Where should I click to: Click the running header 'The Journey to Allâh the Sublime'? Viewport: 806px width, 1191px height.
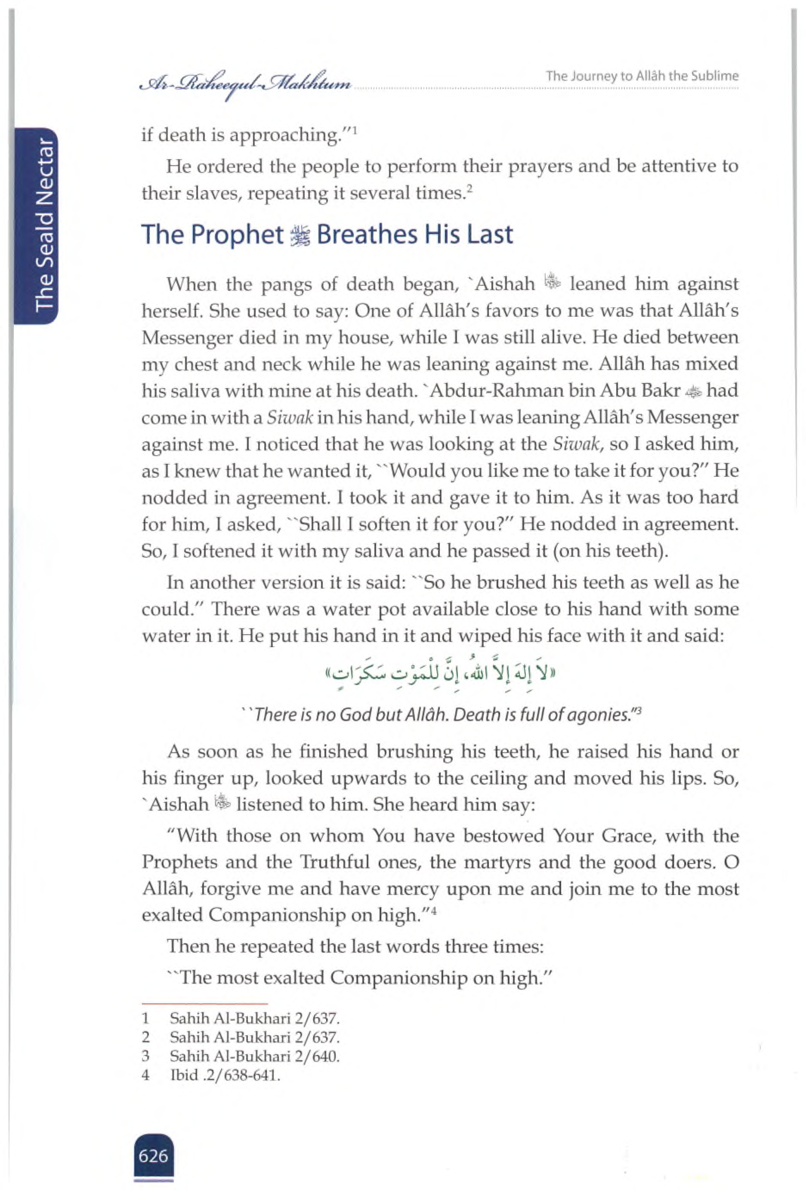[x=642, y=76]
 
